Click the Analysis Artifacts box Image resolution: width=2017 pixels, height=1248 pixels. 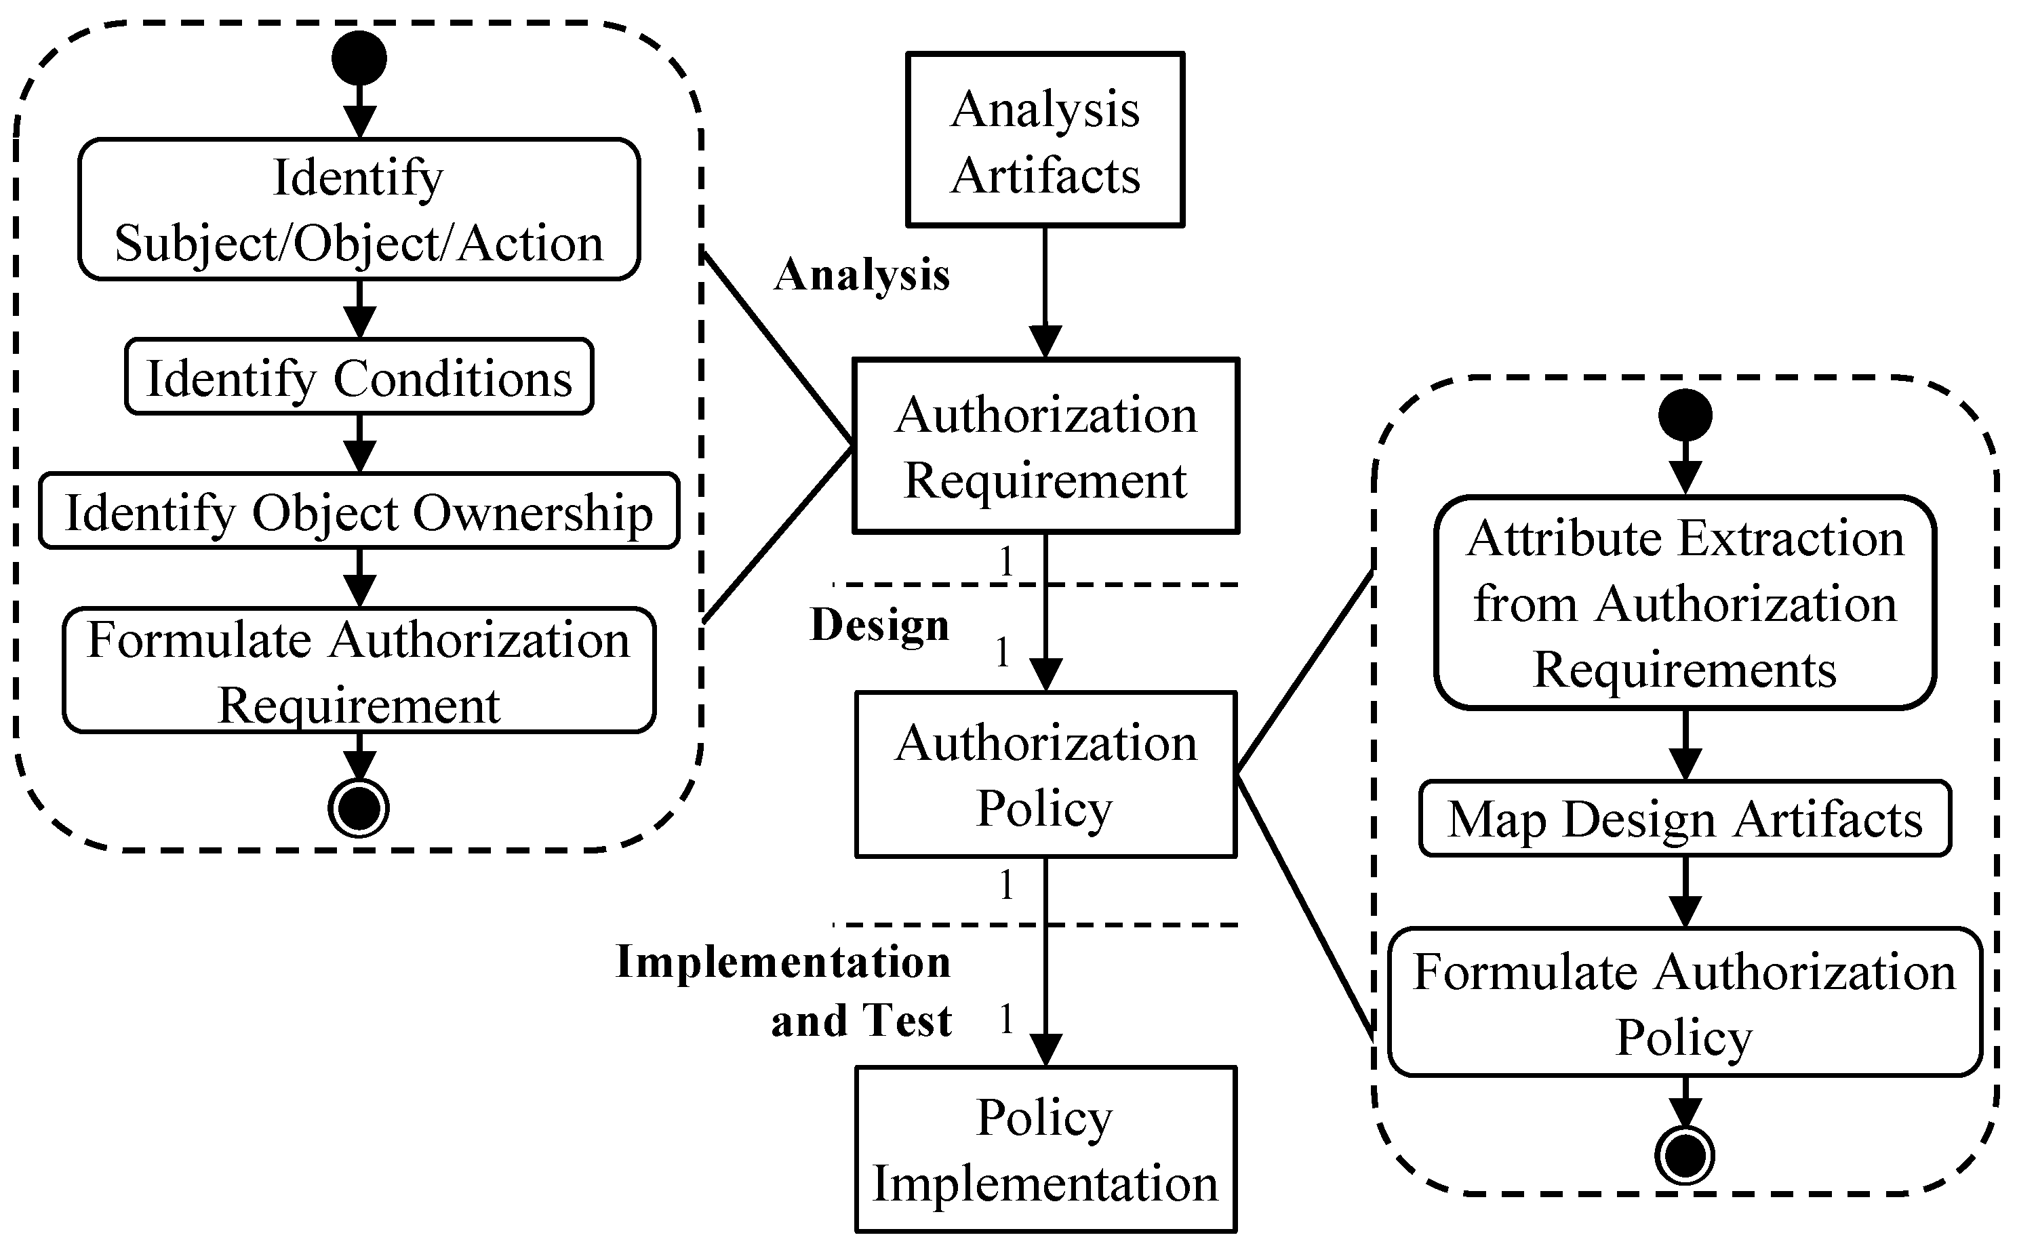1045,140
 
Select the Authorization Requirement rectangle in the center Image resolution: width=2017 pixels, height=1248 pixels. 1045,446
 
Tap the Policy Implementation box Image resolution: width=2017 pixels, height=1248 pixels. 1045,1149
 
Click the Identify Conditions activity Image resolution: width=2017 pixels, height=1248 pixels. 359,377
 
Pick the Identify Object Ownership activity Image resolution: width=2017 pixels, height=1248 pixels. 359,511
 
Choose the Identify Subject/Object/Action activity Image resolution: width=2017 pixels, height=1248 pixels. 359,209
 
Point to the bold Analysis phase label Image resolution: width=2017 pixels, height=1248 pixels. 862,275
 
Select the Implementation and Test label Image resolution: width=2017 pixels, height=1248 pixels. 784,990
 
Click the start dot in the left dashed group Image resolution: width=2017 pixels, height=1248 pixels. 359,58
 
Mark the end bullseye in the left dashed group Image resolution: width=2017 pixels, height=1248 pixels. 359,808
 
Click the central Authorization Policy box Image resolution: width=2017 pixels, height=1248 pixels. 1045,774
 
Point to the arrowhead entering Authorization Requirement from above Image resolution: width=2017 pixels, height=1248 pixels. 1045,342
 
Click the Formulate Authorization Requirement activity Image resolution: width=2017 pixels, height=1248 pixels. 359,670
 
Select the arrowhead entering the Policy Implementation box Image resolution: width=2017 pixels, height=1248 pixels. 1045,1050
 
